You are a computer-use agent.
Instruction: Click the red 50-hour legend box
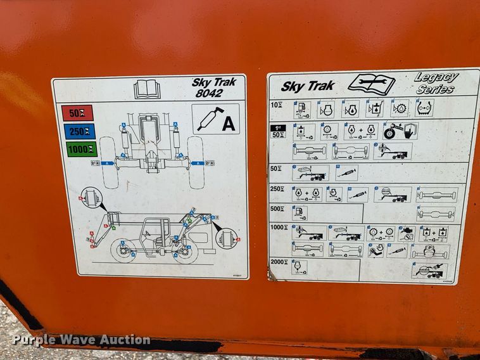(77, 113)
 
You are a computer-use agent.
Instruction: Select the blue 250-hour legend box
(77, 131)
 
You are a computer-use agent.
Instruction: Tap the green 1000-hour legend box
(77, 150)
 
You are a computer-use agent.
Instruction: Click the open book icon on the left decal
(147, 88)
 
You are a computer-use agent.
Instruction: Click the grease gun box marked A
(215, 119)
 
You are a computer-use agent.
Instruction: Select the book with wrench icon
(371, 84)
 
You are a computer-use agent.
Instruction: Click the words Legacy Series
(436, 83)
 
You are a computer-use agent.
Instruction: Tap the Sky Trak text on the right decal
(308, 86)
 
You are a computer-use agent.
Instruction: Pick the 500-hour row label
(278, 209)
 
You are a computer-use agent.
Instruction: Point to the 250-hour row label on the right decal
(277, 189)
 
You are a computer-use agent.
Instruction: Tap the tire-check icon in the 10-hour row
(424, 108)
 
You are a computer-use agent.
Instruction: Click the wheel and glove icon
(400, 131)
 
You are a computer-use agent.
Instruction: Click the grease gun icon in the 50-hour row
(346, 172)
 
